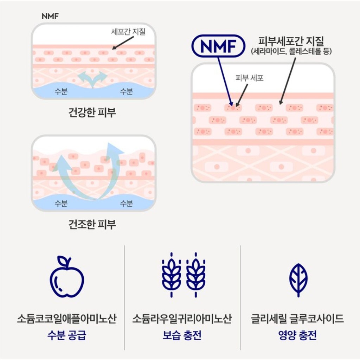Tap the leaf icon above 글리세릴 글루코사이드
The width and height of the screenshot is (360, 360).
(298, 280)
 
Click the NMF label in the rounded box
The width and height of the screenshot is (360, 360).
(218, 46)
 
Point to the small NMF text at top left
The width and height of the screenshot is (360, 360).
(50, 17)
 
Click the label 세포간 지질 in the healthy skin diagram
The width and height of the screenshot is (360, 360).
(128, 32)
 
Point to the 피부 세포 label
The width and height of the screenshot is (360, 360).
(250, 78)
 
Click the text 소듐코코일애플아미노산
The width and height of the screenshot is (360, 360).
(66, 319)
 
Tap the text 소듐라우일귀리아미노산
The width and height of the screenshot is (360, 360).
(182, 319)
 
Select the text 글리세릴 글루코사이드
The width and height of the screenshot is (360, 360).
(297, 319)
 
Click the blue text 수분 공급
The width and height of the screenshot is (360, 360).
(66, 335)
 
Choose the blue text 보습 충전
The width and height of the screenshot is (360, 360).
(182, 335)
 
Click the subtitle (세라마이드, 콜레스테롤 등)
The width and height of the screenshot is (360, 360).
(291, 51)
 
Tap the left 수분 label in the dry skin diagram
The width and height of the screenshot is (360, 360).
(61, 203)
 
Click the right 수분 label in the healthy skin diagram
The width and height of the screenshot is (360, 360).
(126, 92)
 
